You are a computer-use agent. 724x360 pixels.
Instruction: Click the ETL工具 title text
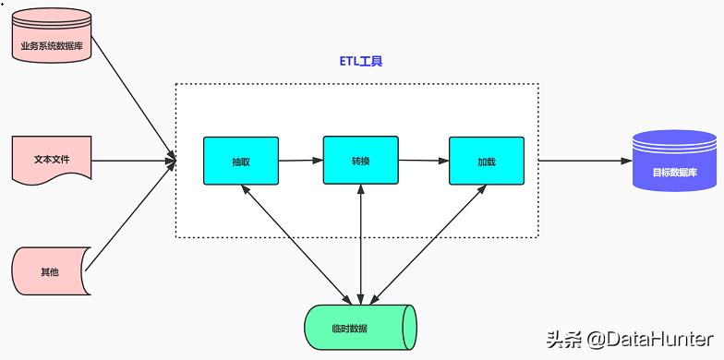[x=360, y=62]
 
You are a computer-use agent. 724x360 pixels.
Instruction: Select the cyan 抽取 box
[x=241, y=161]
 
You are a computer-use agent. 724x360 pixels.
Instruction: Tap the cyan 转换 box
[x=360, y=161]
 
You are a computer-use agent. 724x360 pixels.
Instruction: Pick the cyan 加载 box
[x=487, y=161]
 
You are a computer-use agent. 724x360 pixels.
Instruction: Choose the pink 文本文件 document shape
[x=52, y=159]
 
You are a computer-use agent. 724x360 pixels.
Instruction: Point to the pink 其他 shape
[x=50, y=271]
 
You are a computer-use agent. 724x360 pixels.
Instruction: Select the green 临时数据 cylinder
[x=360, y=327]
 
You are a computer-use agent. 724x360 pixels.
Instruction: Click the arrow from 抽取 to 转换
[x=300, y=161]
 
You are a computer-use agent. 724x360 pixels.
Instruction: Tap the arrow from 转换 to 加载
[x=424, y=161]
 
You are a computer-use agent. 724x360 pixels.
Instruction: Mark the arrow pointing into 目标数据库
[x=584, y=161]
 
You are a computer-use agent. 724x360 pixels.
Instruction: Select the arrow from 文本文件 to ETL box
[x=134, y=161]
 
